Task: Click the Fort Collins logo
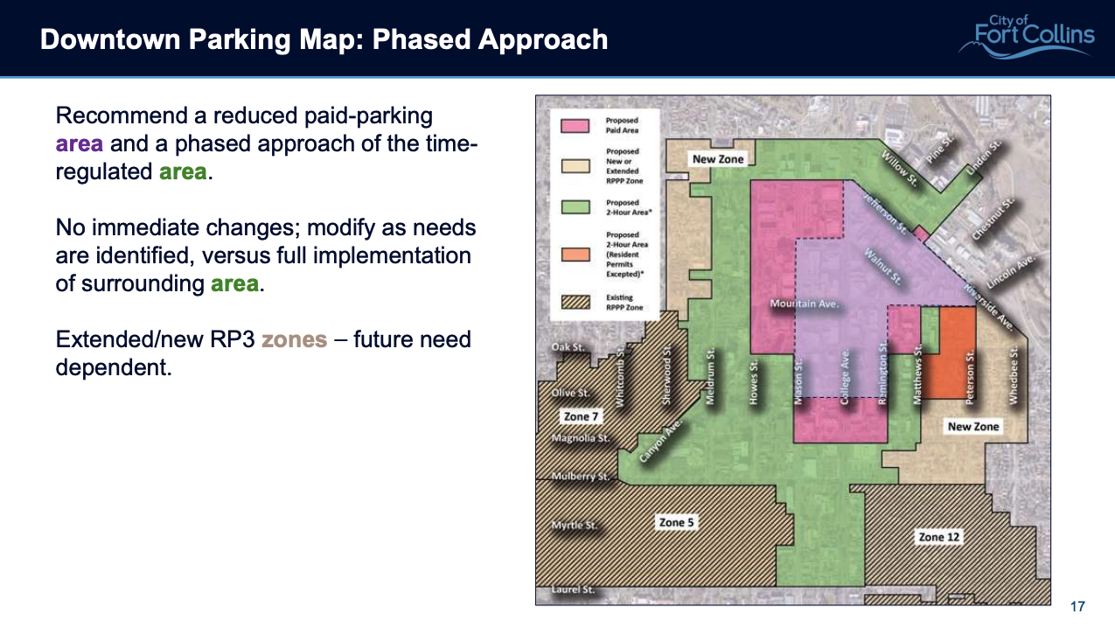pos(1025,37)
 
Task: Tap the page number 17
pos(1077,607)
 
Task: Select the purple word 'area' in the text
pos(80,143)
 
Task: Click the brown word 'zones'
pos(294,339)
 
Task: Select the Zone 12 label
pos(938,537)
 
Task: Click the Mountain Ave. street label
pos(805,304)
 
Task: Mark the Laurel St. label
pos(573,590)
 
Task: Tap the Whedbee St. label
pos(1014,377)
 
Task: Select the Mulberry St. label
pos(580,477)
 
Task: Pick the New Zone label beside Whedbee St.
pos(973,426)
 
